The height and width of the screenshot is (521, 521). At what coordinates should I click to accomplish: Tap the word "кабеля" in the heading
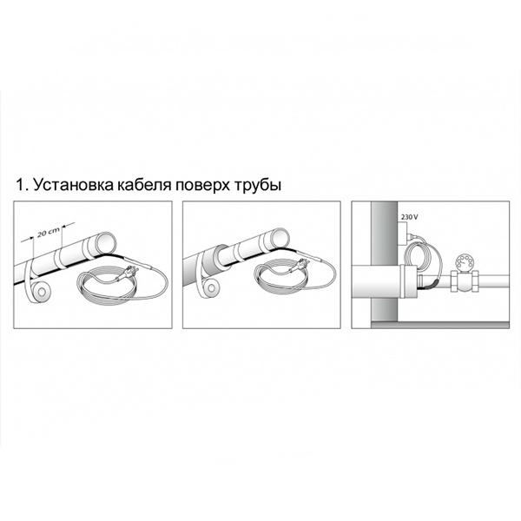(143, 185)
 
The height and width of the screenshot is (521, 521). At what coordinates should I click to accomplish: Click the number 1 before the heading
(20, 185)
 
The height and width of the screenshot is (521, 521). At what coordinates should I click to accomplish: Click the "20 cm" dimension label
(48, 232)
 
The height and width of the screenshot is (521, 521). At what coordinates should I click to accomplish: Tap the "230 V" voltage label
(409, 217)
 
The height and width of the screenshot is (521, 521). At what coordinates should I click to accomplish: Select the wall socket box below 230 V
(404, 234)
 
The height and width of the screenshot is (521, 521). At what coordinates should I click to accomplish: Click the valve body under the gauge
(464, 280)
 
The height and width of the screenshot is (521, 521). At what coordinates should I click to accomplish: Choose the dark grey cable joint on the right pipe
(431, 285)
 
